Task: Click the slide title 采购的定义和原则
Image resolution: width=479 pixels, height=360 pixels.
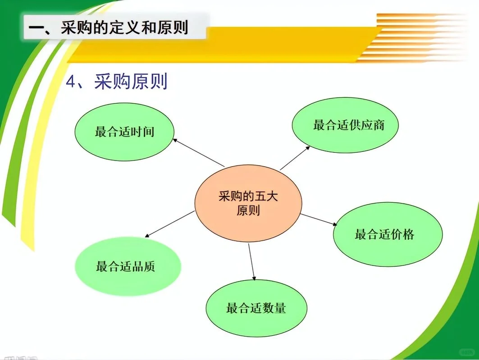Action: coord(108,27)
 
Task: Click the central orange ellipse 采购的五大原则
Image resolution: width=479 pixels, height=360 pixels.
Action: coord(248,204)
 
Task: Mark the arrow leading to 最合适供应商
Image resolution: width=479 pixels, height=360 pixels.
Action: coord(295,158)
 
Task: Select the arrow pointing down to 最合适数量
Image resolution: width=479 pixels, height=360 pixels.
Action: coord(251,261)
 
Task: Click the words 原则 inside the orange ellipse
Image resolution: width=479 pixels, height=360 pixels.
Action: coord(248,210)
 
